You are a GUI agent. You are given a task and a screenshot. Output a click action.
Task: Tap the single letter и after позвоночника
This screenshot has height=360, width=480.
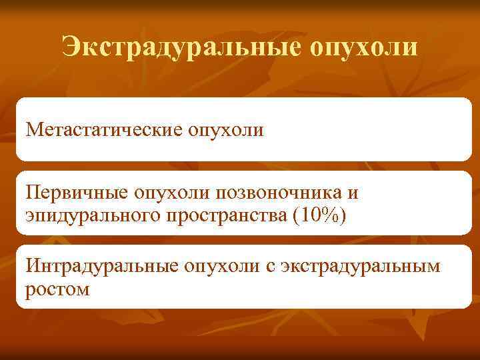pyautogui.click(x=353, y=194)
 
